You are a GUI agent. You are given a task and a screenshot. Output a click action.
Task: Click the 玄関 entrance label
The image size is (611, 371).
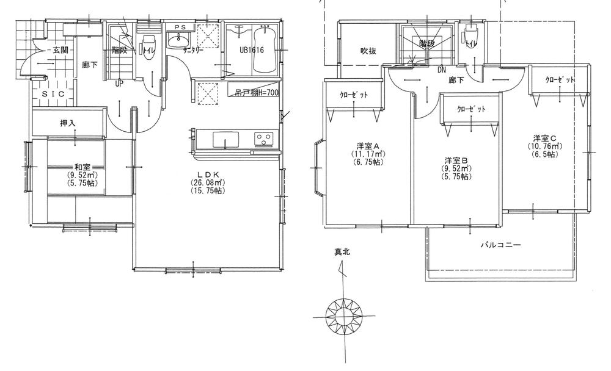(60, 49)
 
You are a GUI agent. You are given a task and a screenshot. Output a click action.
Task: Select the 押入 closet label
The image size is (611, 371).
(68, 123)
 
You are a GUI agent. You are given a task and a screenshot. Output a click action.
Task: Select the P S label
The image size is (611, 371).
(180, 27)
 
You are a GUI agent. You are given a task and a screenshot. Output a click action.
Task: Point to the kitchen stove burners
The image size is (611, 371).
(264, 139)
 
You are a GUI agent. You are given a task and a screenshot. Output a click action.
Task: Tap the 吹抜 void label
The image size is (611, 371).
(367, 51)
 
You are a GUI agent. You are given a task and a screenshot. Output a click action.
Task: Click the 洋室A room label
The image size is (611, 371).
(368, 145)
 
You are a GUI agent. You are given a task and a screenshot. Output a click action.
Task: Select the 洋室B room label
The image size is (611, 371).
(455, 159)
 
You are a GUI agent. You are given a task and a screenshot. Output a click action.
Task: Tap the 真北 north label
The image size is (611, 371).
(342, 251)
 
